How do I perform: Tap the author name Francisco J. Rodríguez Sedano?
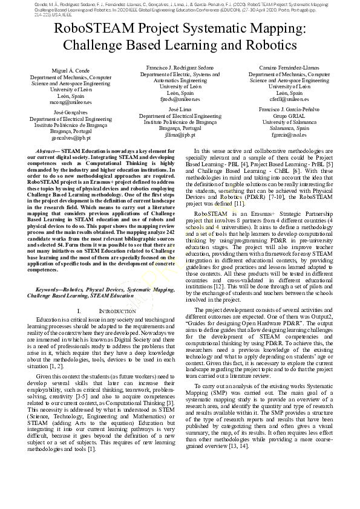point(180,67)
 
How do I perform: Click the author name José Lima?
point(180,109)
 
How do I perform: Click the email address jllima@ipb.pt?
point(180,135)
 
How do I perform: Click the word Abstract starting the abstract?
point(48,150)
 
